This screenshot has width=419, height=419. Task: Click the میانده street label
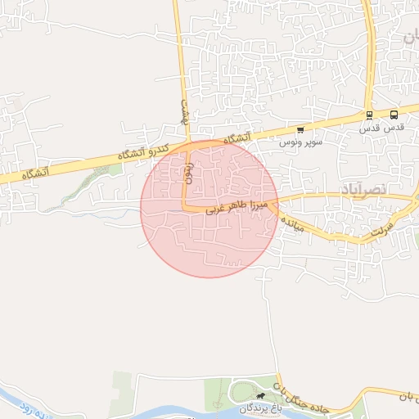point(292,225)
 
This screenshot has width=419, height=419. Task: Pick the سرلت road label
point(381,226)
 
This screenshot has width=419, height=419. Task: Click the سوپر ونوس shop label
point(300,142)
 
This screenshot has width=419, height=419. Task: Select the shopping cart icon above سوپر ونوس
point(300,129)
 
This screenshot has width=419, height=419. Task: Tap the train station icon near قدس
point(370,115)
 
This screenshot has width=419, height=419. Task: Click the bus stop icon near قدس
point(394,115)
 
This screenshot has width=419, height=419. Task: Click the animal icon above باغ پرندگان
point(260,397)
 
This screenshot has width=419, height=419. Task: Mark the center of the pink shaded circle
point(209,209)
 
